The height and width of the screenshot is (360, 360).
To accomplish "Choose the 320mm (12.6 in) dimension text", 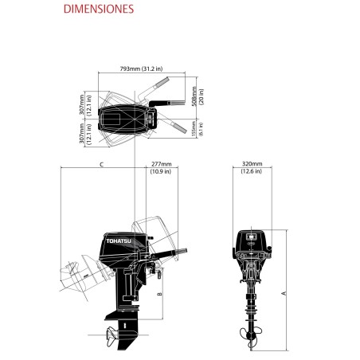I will [x=252, y=168].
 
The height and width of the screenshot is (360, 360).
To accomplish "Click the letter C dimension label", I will [x=101, y=164].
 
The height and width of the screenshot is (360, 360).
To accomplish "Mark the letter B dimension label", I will [x=160, y=294].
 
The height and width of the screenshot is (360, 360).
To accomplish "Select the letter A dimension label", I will [x=284, y=293].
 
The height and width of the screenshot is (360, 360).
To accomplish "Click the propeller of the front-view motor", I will [x=252, y=335].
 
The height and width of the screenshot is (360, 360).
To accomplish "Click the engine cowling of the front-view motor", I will [x=252, y=241].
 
